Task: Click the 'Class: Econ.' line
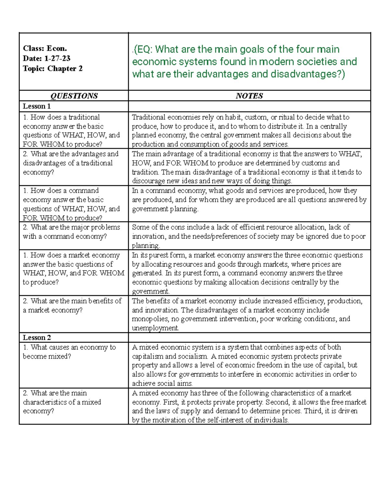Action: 45,48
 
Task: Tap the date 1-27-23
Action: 57,58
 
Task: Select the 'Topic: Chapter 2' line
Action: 53,68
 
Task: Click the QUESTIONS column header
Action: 74,96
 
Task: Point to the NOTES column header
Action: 249,96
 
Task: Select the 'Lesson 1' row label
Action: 37,106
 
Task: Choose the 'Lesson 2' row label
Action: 37,338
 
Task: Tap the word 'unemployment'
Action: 155,328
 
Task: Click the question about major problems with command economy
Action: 71,232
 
